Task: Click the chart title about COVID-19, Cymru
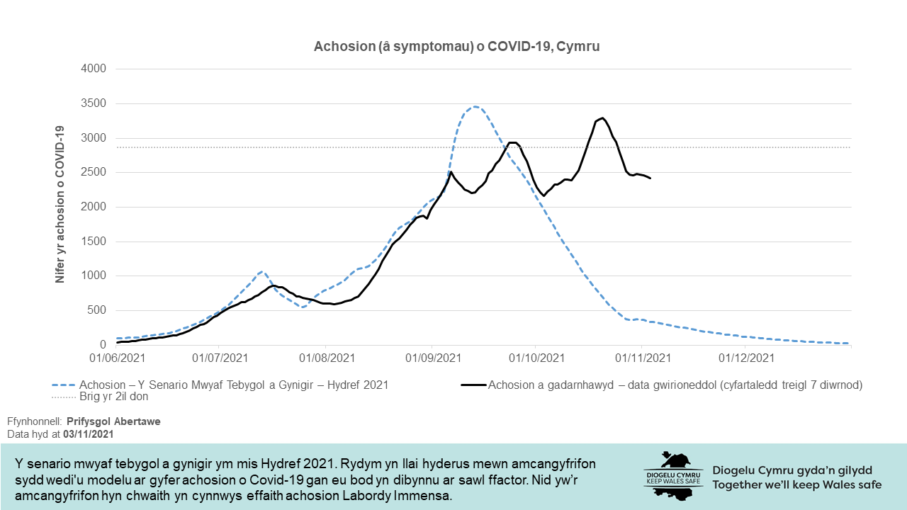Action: (457, 47)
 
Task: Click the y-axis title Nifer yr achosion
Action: (61, 205)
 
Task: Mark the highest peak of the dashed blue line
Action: (475, 107)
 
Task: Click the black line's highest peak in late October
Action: (602, 118)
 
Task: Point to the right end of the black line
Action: (650, 178)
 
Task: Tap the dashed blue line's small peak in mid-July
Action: (262, 271)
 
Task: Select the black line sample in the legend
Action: (473, 385)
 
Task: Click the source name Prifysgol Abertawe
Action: (113, 421)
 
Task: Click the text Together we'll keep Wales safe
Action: (797, 485)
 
